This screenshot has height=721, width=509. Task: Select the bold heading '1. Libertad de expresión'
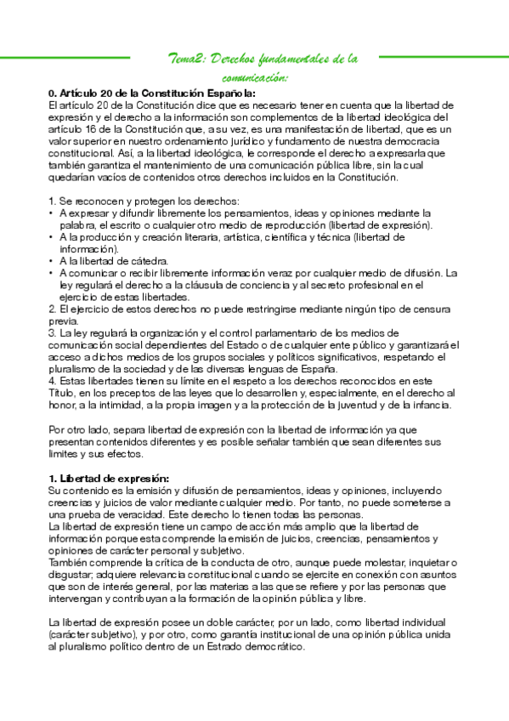[x=110, y=479]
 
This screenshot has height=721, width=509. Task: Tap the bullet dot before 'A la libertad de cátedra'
[x=52, y=261]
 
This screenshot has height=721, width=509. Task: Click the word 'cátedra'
[x=150, y=261]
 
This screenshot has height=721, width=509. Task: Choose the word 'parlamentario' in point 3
[x=246, y=332]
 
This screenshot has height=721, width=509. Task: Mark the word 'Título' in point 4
[x=62, y=393]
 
